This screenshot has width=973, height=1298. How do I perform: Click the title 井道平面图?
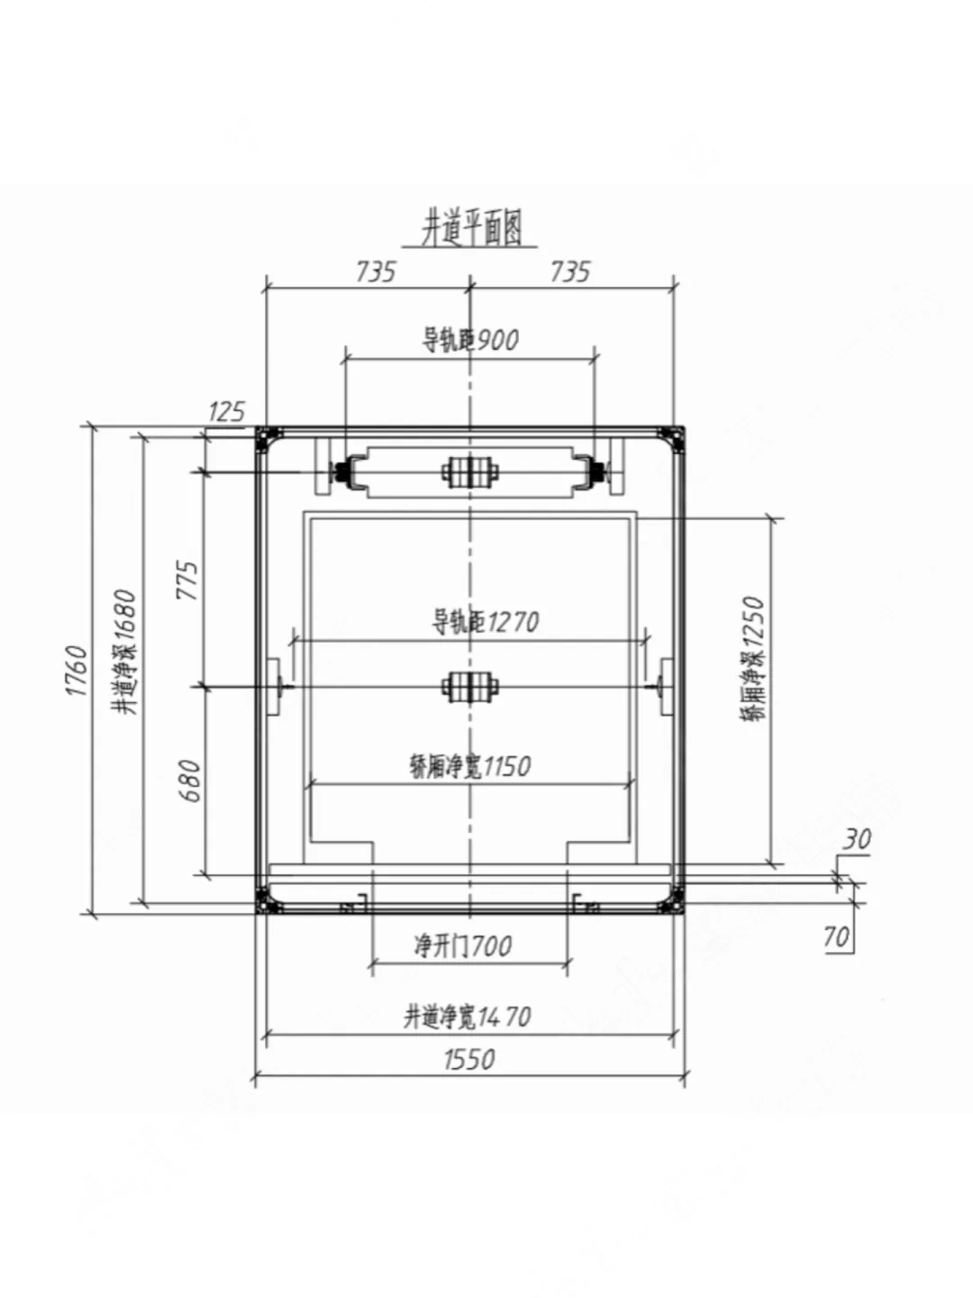(x=471, y=229)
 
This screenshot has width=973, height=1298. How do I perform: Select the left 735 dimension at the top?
(x=376, y=272)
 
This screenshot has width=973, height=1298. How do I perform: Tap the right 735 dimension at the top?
(x=570, y=272)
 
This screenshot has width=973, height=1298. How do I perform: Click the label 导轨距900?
(x=470, y=340)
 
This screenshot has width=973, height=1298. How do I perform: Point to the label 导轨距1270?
(x=486, y=622)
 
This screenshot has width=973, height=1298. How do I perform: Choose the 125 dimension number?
(x=226, y=412)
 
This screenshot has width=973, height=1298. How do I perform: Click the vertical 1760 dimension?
(x=77, y=672)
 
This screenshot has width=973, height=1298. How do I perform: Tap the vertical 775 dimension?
(x=189, y=580)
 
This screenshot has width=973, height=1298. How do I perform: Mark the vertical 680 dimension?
(x=191, y=781)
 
